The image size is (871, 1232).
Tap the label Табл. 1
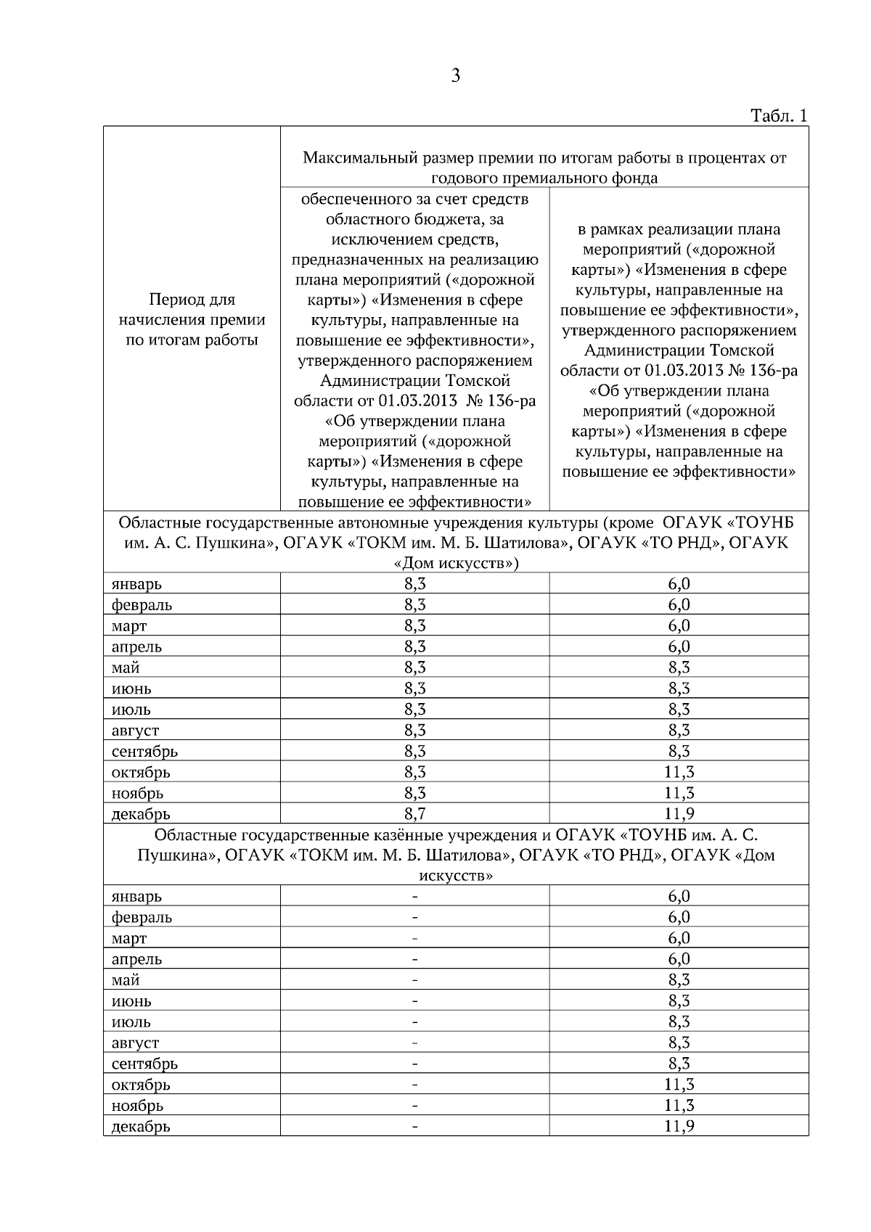click(778, 116)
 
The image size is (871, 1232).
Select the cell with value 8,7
click(414, 813)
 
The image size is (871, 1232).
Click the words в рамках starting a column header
click(606, 230)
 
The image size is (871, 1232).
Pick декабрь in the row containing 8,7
click(141, 814)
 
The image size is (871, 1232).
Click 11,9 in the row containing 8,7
click(679, 813)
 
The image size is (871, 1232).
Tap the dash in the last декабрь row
click(414, 1127)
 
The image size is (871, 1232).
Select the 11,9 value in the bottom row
click(679, 1126)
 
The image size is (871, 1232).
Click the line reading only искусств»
click(455, 876)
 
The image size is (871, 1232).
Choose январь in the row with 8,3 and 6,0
click(136, 584)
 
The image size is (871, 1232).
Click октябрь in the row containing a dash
click(141, 1085)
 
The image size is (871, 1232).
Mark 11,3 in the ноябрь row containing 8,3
click(679, 792)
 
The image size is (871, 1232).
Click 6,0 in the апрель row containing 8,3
click(679, 646)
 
